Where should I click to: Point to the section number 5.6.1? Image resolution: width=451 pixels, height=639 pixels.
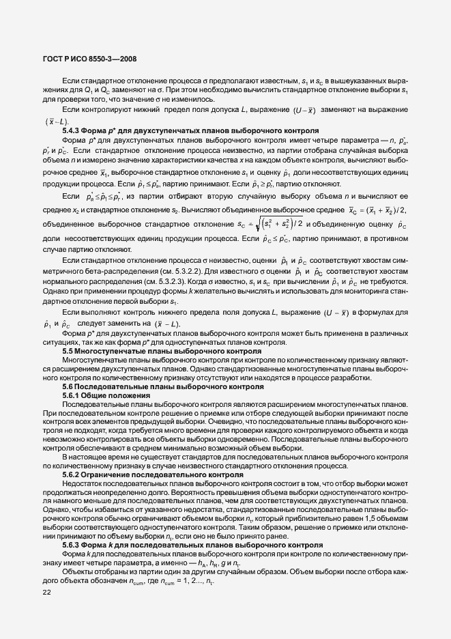click(x=74, y=395)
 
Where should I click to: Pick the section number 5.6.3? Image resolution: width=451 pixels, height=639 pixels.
click(x=74, y=545)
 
